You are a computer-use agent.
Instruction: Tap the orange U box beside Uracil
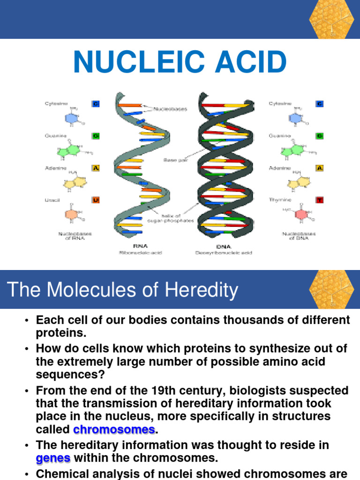click(x=96, y=200)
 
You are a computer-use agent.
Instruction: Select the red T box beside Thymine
click(x=320, y=200)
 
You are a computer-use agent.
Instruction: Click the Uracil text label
click(x=52, y=200)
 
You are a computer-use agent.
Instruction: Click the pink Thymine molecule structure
click(x=301, y=214)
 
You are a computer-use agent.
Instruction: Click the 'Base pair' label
click(x=173, y=160)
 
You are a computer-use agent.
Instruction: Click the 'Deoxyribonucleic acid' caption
click(x=223, y=253)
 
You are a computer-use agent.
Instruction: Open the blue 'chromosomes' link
click(x=114, y=429)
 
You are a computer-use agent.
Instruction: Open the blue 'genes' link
click(x=53, y=458)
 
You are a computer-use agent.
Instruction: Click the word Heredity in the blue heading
click(x=203, y=290)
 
